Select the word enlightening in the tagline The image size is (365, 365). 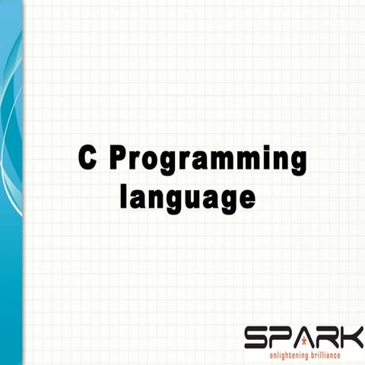287,355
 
